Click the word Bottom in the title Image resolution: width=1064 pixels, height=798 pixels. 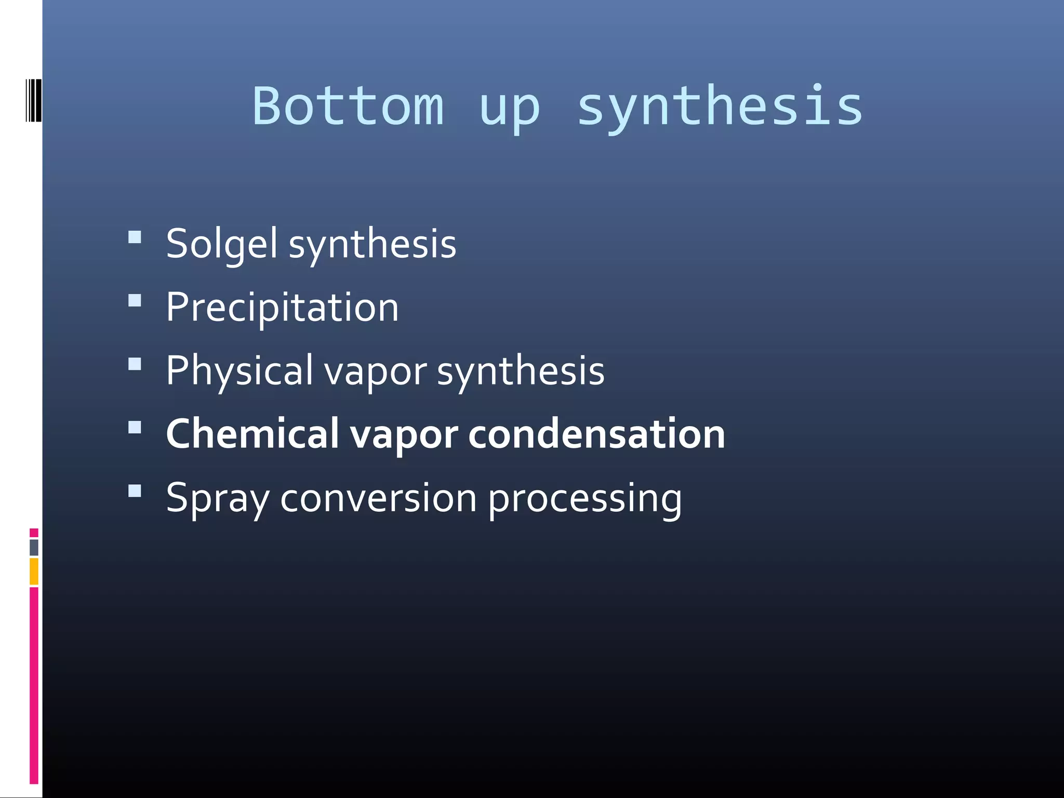click(x=348, y=107)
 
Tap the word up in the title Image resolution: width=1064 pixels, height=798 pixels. click(x=510, y=109)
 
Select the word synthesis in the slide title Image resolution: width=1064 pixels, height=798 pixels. click(x=720, y=107)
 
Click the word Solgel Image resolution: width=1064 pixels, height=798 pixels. click(x=221, y=244)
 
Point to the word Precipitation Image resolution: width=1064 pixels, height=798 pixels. click(x=282, y=308)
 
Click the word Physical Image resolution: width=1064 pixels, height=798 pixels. click(x=240, y=371)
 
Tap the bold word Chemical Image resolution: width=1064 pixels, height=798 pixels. click(x=252, y=434)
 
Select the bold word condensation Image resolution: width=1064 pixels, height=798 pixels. click(x=596, y=434)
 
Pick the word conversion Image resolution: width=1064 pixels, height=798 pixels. click(x=378, y=498)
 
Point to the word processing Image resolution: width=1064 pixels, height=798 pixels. click(x=584, y=499)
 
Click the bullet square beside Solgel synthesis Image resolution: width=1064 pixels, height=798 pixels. click(x=135, y=237)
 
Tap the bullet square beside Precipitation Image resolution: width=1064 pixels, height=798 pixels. click(x=135, y=301)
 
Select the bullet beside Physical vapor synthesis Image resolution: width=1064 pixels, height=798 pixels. click(x=135, y=364)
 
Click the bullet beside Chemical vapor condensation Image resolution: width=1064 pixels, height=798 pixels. click(x=135, y=427)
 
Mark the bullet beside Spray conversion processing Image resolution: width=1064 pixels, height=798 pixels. click(x=135, y=491)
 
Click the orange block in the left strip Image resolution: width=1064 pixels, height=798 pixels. click(x=34, y=571)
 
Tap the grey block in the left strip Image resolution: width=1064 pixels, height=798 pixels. click(x=34, y=547)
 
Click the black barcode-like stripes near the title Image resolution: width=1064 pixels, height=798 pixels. click(x=34, y=100)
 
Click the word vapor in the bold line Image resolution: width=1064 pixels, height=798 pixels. click(x=404, y=435)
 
